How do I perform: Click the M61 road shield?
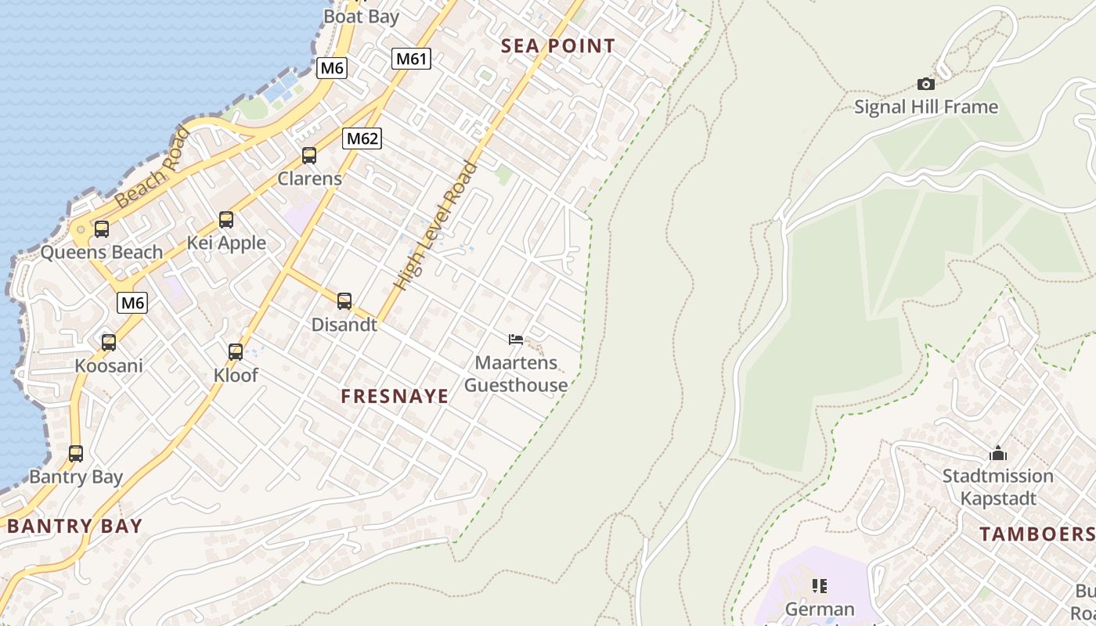412,58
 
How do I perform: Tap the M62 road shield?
362,139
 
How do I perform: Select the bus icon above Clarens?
309,156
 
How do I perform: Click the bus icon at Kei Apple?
226,220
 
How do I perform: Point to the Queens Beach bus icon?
102,229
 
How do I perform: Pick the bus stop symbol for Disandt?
344,301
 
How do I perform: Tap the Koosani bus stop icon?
109,343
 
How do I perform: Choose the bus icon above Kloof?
236,352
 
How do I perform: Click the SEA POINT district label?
558,45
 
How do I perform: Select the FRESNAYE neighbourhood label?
395,396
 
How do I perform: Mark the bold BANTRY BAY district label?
75,526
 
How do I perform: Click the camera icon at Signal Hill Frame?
926,84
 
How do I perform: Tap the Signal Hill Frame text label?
926,107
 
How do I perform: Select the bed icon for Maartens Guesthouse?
516,339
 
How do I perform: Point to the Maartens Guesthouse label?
517,374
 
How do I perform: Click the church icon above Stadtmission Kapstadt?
997,453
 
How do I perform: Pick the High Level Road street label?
435,225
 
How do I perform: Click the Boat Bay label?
362,16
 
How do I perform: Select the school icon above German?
820,586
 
